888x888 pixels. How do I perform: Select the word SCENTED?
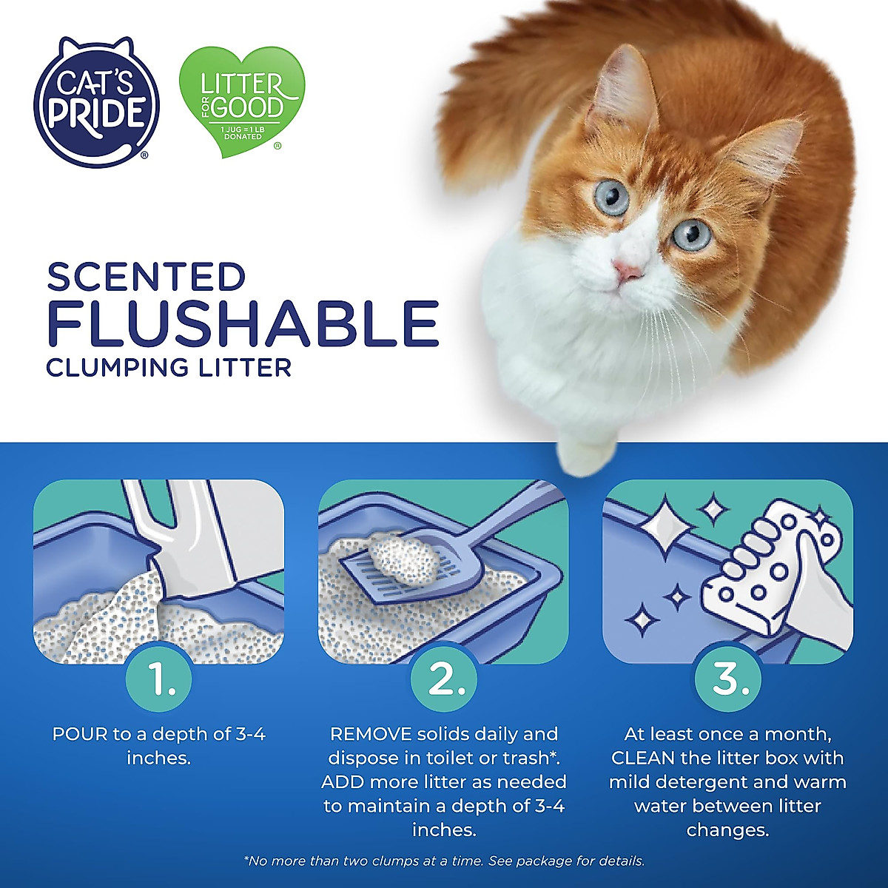[146, 277]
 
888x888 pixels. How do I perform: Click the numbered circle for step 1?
[158, 679]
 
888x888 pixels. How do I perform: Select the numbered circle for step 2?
[443, 679]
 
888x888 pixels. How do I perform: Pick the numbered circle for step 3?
[728, 679]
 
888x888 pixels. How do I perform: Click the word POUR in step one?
[80, 735]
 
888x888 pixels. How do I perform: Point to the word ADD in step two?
[343, 782]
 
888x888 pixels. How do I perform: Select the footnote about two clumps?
[443, 861]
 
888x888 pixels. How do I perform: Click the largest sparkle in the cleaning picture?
[665, 527]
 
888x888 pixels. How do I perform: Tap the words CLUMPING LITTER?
[169, 367]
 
